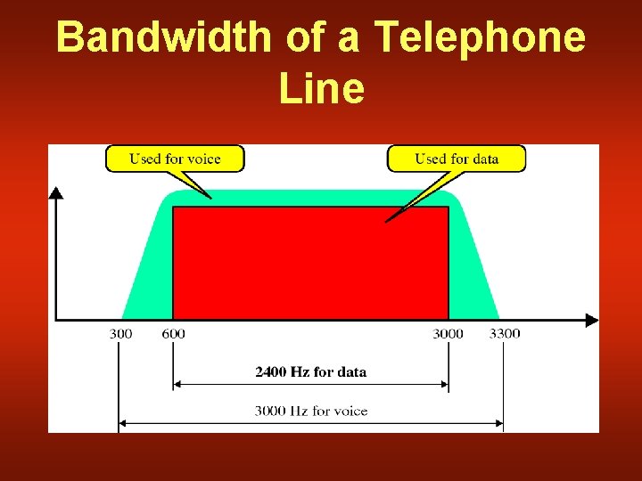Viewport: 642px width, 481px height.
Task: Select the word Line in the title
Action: coord(321,88)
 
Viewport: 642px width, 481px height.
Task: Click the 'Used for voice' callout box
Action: coord(175,159)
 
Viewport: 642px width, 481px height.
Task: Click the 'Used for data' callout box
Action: coord(456,159)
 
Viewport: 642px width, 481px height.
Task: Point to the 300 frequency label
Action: coord(120,334)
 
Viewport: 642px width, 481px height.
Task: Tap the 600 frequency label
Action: coord(173,334)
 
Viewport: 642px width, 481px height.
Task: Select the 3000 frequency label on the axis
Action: coord(448,334)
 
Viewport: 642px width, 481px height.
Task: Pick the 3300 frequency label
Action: coord(504,334)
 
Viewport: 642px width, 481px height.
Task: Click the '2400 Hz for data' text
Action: coord(310,371)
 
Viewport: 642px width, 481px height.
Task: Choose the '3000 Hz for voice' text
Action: coord(310,411)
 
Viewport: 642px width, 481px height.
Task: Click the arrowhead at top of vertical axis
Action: coord(56,192)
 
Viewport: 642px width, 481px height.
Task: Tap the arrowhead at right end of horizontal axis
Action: coord(592,320)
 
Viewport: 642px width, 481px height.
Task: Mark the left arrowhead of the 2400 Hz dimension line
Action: coord(177,385)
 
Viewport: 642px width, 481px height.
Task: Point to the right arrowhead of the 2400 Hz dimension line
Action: coord(444,385)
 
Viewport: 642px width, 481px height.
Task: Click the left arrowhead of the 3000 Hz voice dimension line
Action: coord(124,423)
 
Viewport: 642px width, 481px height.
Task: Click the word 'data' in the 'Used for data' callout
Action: coord(484,159)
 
